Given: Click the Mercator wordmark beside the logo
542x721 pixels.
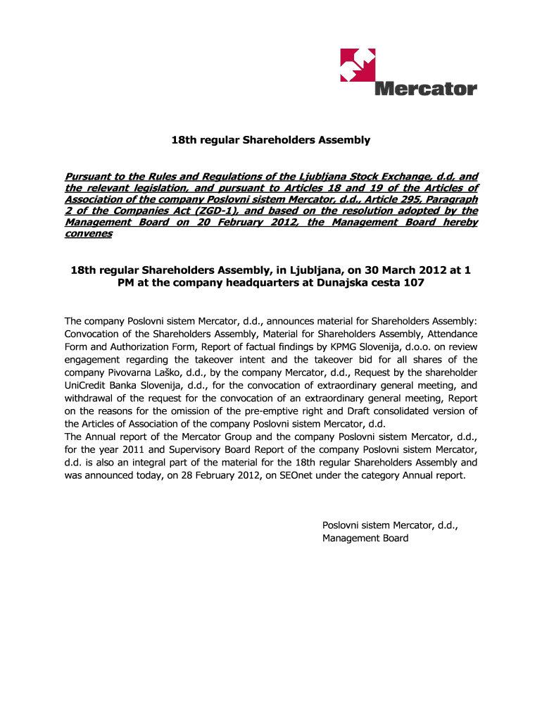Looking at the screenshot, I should tap(426, 89).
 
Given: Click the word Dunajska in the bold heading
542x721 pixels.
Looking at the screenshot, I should tap(334, 282).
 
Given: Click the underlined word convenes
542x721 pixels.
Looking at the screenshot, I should tap(88, 233).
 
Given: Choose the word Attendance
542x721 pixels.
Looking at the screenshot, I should tap(449, 333).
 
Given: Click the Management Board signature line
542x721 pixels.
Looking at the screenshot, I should tap(365, 538).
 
